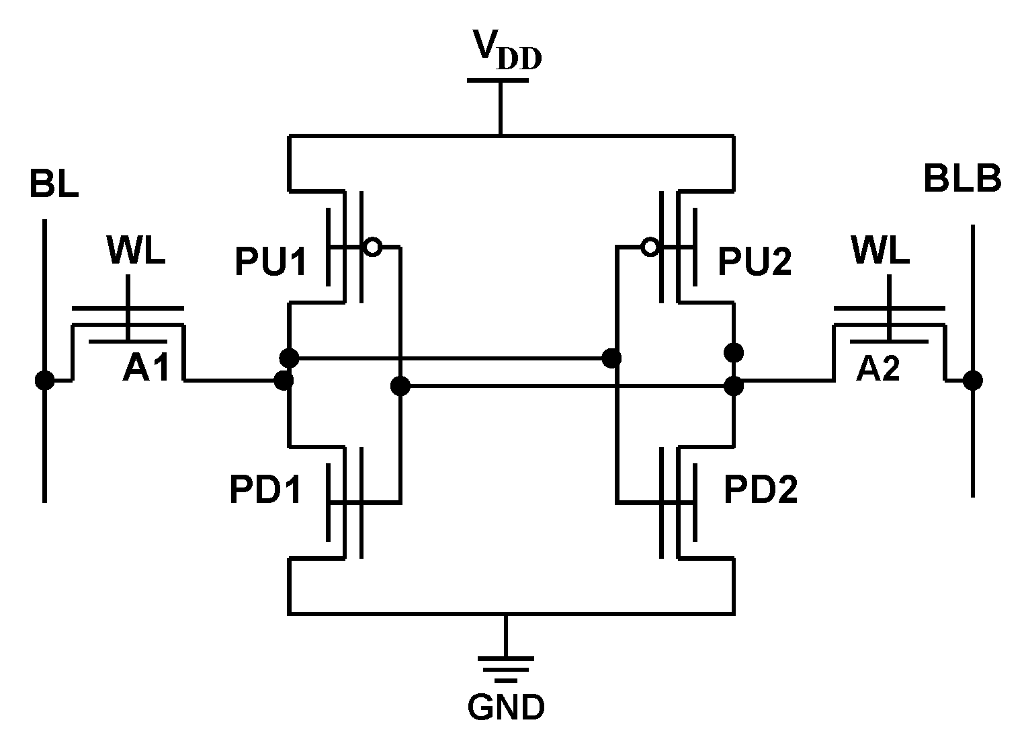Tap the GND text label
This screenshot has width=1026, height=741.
[x=506, y=707]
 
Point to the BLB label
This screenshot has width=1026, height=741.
[x=962, y=179]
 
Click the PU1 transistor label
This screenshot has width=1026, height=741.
[x=271, y=262]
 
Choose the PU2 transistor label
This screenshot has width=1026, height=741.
[x=755, y=262]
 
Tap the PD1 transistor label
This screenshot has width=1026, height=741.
[x=265, y=491]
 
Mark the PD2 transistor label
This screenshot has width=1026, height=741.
[x=760, y=491]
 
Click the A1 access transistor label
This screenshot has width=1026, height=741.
[x=146, y=368]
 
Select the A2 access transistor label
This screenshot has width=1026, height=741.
[x=878, y=368]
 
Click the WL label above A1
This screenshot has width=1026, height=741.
[x=136, y=252]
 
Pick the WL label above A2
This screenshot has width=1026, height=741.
[x=880, y=252]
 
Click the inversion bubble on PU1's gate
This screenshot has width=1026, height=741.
[x=372, y=247]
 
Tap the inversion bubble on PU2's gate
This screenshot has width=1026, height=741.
[x=649, y=247]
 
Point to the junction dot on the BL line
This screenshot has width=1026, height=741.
[x=44, y=381]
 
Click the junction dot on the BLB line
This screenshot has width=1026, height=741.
[x=972, y=381]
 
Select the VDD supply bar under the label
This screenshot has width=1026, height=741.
[x=498, y=81]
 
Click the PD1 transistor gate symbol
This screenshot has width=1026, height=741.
[x=345, y=502]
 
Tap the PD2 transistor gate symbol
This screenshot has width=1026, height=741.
[x=677, y=502]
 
